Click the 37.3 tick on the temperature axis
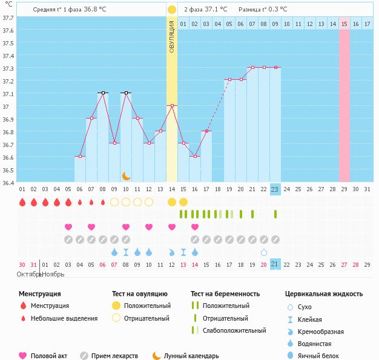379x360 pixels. tap(8, 68)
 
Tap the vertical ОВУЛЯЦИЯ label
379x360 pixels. tap(172, 36)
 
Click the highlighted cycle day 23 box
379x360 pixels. tap(275, 189)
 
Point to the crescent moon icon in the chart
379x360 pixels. tap(126, 175)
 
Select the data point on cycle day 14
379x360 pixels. tap(172, 105)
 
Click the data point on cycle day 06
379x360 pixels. tap(80, 156)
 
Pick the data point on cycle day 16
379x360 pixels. tap(195, 156)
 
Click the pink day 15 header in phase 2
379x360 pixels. tap(344, 24)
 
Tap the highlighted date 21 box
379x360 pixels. tap(275, 264)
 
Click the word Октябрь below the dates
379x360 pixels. tap(28, 274)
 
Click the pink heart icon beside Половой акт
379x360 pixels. tap(23, 356)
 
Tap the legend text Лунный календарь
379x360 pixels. tap(191, 356)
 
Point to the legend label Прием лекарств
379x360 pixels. tap(114, 356)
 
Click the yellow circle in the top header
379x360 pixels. tap(172, 10)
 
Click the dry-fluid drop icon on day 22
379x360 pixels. tap(263, 252)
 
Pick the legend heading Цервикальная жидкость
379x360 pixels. tap(323, 294)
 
